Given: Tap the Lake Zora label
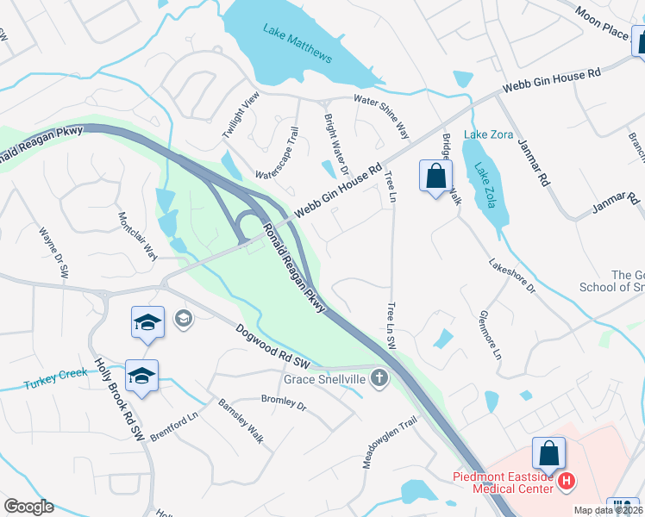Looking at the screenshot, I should click(482, 134).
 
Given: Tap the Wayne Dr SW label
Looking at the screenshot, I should click(53, 251).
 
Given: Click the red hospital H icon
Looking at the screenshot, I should click(567, 481).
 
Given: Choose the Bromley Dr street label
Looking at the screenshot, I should click(284, 402).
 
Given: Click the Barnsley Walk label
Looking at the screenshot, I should click(241, 420).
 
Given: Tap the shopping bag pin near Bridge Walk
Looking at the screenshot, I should click(436, 177).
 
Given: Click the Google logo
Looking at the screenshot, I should click(28, 507).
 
